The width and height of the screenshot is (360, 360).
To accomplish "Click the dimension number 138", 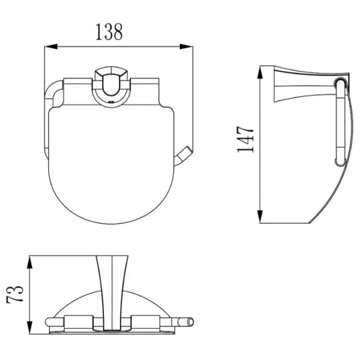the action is [x=109, y=32].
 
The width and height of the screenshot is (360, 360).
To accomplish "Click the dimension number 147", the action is [x=245, y=139].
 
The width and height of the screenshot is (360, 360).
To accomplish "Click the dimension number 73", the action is [x=15, y=295].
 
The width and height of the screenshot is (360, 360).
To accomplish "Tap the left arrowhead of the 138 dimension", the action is [x=51, y=47].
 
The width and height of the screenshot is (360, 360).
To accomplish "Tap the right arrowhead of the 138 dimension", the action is [x=186, y=47].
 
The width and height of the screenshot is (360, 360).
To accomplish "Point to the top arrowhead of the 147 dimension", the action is [x=260, y=73].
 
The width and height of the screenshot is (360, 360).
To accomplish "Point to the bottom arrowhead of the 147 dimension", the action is [x=260, y=216].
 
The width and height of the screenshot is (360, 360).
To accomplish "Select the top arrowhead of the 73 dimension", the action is [x=29, y=262].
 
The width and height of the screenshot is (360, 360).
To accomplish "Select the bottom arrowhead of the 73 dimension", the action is [x=29, y=328].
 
